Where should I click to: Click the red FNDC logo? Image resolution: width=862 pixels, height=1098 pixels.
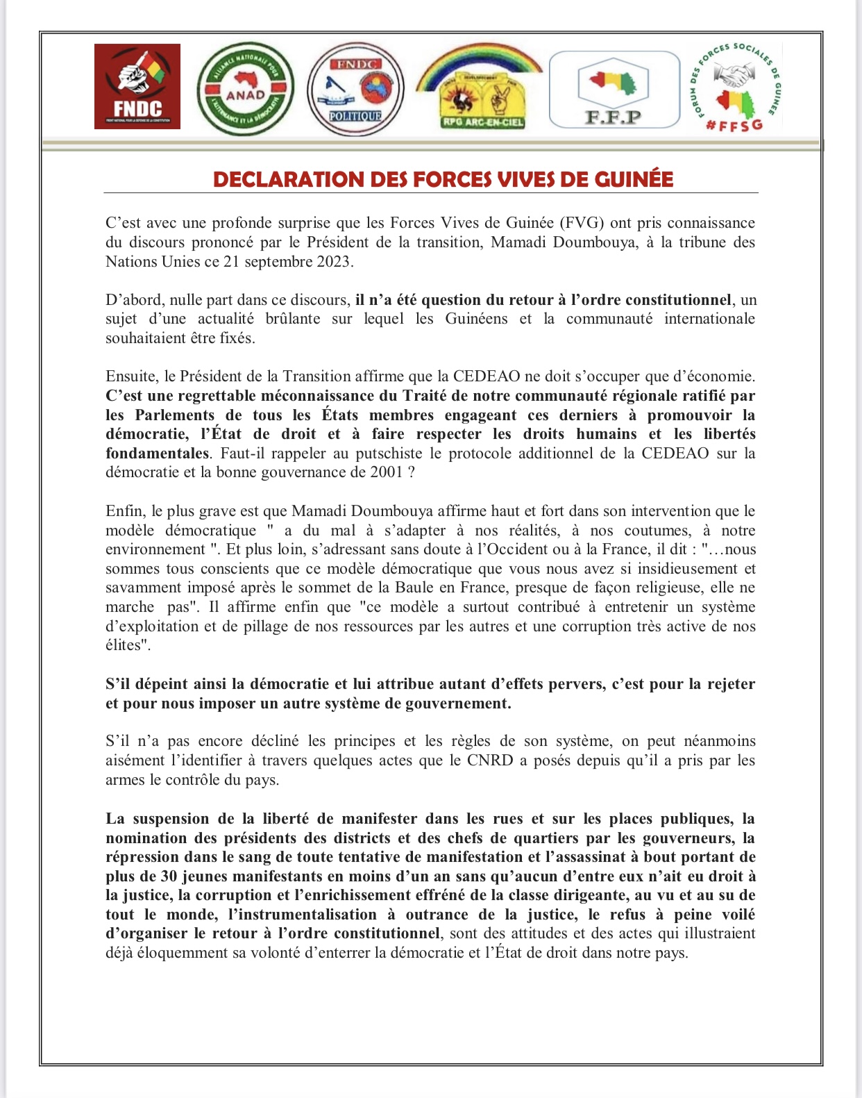137,86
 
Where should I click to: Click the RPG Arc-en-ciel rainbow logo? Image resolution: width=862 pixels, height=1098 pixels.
480,88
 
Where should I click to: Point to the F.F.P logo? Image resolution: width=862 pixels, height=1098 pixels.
614,90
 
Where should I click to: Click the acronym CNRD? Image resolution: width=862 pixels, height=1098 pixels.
490,760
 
